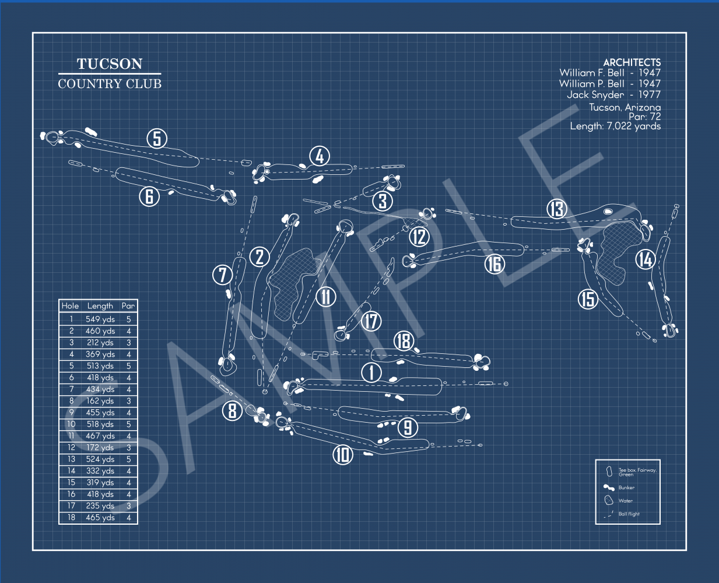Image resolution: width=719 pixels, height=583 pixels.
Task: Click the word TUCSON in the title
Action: [110, 64]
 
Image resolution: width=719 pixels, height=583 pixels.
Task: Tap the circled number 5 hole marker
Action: [157, 139]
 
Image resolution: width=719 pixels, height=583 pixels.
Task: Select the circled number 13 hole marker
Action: [557, 209]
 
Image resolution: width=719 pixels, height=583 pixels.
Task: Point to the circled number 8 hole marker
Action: [232, 410]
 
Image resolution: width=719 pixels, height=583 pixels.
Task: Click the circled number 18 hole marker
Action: [404, 341]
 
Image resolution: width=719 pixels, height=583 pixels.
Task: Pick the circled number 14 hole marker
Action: [645, 259]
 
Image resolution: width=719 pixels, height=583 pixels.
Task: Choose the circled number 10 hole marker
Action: [343, 454]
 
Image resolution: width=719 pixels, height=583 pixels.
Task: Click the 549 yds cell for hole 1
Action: [100, 319]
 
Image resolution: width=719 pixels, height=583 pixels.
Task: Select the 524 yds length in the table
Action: [100, 459]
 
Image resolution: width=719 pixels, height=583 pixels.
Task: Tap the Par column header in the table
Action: [128, 305]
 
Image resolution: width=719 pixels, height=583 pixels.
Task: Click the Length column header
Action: [100, 305]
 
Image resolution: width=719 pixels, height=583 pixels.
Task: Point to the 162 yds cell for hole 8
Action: [100, 401]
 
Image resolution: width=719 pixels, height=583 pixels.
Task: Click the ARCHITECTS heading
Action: [632, 62]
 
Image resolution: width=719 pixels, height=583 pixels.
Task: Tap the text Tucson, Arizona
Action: [625, 107]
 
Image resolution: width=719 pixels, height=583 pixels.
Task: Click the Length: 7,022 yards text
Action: [615, 126]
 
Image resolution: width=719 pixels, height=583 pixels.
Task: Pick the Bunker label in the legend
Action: [626, 487]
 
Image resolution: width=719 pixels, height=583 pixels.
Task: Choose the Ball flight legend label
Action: [629, 514]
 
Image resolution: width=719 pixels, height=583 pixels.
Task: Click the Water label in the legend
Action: [625, 501]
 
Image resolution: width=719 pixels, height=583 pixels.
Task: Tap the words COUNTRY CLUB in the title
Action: [110, 84]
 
